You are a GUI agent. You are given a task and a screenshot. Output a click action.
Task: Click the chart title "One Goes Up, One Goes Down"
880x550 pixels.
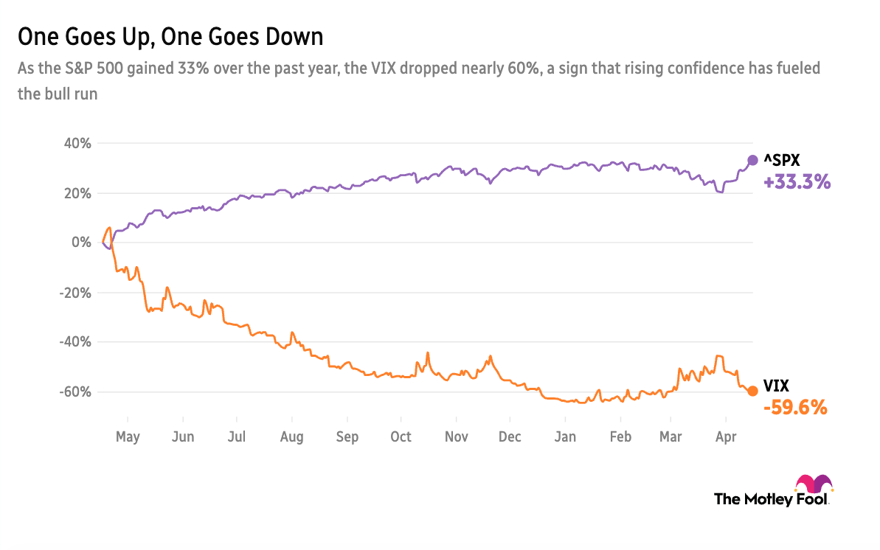[x=170, y=37]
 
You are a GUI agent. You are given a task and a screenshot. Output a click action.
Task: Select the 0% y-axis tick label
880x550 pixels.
[x=81, y=243]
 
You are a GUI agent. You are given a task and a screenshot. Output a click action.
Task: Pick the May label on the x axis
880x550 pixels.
[x=128, y=437]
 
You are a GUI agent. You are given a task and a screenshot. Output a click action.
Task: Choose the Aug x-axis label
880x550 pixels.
[x=292, y=437]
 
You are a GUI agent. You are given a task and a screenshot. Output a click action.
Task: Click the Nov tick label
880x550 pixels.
[x=457, y=437]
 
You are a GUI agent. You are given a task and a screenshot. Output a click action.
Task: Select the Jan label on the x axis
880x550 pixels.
[x=565, y=437]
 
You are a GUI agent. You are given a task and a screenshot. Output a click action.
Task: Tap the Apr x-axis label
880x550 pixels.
[x=727, y=437]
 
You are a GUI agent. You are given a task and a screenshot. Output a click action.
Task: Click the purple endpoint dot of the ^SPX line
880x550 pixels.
[x=753, y=160]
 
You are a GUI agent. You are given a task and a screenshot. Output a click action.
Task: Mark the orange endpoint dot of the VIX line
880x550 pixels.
[x=752, y=391]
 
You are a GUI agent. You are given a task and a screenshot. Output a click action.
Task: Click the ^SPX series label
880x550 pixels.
[x=783, y=160]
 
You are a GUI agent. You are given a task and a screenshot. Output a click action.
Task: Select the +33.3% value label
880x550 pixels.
[x=797, y=182]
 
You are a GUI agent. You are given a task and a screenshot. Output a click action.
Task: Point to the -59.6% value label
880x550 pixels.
[x=795, y=407]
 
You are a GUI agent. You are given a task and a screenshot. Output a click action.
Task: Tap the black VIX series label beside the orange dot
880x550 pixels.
[x=777, y=386]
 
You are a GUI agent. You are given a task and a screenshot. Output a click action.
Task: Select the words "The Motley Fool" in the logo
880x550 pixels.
[x=772, y=499]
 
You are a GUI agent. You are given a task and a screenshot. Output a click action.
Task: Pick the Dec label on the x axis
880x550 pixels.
[x=510, y=437]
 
